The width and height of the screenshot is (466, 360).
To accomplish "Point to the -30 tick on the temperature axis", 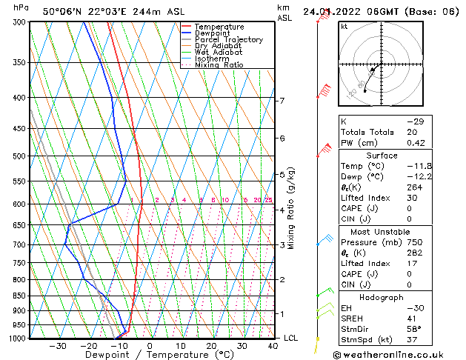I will [x=58, y=346].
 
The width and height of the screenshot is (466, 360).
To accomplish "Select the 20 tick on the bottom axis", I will [x=211, y=346].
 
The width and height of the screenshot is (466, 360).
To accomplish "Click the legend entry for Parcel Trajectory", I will [x=228, y=39].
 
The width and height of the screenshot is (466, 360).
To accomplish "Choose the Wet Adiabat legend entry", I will [x=220, y=53].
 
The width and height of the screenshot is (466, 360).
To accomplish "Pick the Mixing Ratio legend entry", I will [x=219, y=65].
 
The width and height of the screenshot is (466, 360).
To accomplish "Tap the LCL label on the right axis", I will [x=290, y=339].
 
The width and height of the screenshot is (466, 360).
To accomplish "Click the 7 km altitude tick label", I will [x=282, y=101].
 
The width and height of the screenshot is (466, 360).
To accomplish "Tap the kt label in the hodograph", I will [x=344, y=27].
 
